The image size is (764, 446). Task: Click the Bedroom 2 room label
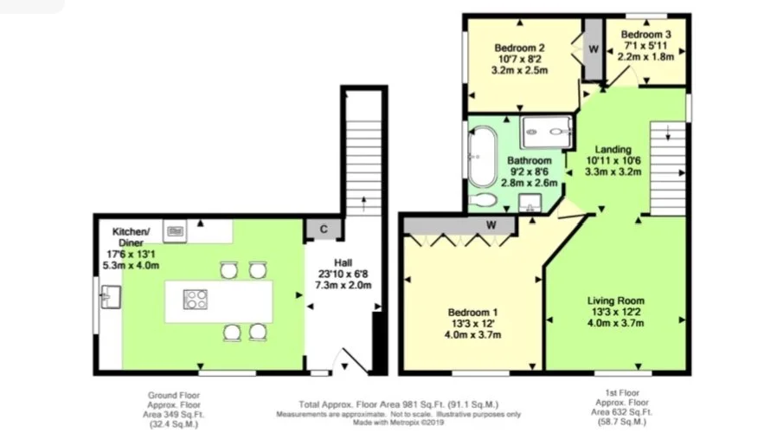(519, 48)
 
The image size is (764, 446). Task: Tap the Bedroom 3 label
(645, 35)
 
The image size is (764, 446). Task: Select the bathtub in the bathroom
(482, 156)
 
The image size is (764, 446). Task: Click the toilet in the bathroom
(483, 200)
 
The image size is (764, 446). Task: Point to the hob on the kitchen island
(196, 300)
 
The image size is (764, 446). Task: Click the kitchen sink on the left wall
(111, 297)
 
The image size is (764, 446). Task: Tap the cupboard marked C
(324, 229)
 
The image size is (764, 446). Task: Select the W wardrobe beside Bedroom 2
(594, 49)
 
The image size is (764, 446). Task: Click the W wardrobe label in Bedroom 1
(491, 224)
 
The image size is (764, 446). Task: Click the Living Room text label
(615, 301)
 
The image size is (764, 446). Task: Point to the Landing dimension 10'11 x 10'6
(613, 160)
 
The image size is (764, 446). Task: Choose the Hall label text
(343, 262)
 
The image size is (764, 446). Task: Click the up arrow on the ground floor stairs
(363, 204)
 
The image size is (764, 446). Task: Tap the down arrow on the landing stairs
(668, 133)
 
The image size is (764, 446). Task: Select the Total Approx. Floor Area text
(399, 404)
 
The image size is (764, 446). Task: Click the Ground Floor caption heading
(174, 395)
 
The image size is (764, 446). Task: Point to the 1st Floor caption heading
(622, 392)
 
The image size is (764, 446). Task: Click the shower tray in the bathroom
(546, 132)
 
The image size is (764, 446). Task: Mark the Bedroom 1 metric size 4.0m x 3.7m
(472, 335)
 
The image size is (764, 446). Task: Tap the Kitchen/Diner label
(131, 237)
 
